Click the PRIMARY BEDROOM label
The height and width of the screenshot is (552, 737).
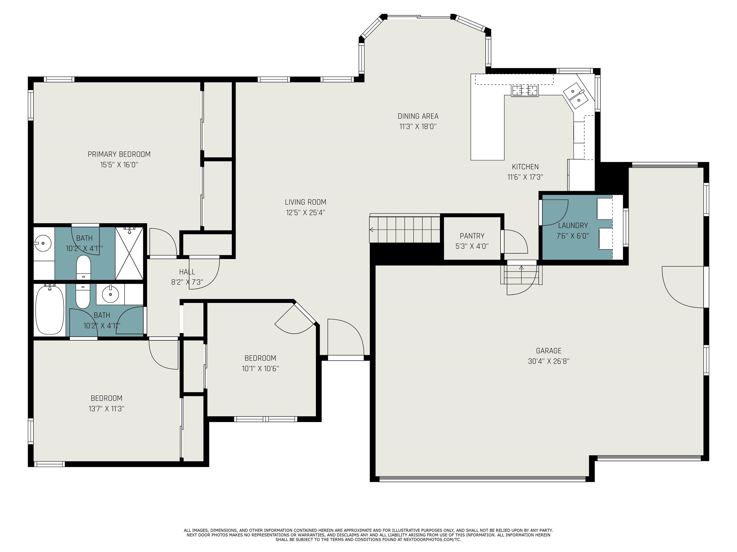(x=119, y=154)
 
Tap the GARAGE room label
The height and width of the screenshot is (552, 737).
(x=548, y=351)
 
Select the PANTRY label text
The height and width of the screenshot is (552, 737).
(x=472, y=236)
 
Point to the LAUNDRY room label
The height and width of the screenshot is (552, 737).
(x=573, y=225)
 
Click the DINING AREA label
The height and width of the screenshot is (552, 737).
(x=418, y=116)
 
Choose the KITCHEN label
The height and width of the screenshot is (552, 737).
(x=525, y=167)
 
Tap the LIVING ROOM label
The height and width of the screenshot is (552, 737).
(x=306, y=202)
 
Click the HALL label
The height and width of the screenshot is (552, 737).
(x=187, y=272)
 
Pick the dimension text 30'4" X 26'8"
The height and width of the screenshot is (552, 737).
(x=548, y=361)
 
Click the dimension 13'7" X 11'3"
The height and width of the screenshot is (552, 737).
(x=106, y=408)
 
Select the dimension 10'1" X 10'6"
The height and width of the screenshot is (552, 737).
(x=260, y=368)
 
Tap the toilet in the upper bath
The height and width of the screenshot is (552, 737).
(x=83, y=267)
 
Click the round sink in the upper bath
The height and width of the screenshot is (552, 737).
(x=43, y=242)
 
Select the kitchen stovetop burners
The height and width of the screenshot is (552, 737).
(x=524, y=91)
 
